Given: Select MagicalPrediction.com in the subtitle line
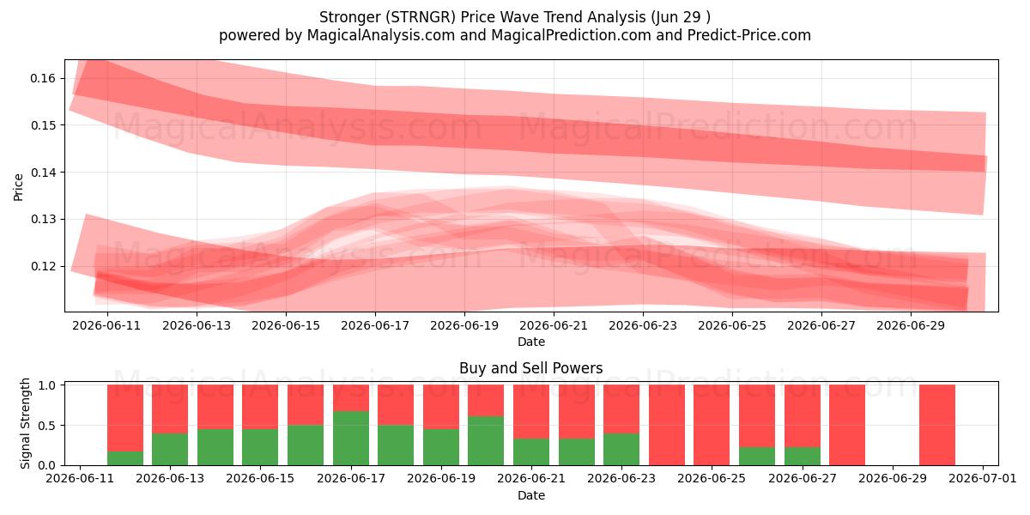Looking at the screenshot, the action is [x=571, y=35].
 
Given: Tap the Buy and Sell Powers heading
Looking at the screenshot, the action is [x=531, y=368].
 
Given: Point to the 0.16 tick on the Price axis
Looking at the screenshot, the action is [x=43, y=79].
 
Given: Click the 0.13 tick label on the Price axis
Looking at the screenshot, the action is [x=43, y=220].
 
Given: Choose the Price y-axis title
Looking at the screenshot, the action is [x=18, y=187].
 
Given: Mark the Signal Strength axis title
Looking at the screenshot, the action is [x=25, y=423].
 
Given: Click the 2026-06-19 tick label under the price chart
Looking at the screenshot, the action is [x=464, y=325].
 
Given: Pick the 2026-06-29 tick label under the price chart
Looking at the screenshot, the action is [x=911, y=325].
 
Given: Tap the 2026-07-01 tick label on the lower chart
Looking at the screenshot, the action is [x=983, y=479].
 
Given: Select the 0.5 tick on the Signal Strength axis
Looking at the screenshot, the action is [x=47, y=426].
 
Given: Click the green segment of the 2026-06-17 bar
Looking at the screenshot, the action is [x=351, y=439].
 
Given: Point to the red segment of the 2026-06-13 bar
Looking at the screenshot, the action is [x=170, y=409].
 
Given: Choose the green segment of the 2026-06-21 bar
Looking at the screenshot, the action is [x=531, y=452].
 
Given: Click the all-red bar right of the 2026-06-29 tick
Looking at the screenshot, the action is [x=937, y=425].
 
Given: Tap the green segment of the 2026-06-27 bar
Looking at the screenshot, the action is [x=803, y=456].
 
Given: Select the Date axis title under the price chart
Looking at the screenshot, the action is [x=531, y=342].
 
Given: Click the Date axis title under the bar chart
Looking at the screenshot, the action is [x=531, y=496].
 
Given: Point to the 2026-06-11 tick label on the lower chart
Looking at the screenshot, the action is [x=80, y=479].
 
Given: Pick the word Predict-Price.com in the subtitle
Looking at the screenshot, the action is [x=749, y=35].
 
